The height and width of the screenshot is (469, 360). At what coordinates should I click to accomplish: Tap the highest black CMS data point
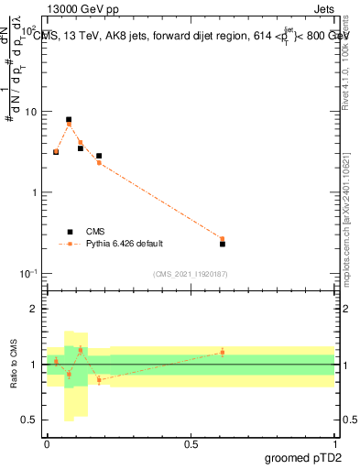pyautogui.click(x=69, y=120)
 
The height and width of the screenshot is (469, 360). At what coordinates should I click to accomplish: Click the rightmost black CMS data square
pyautogui.click(x=223, y=244)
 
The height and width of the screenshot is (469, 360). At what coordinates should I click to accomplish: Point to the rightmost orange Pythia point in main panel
pyautogui.click(x=223, y=239)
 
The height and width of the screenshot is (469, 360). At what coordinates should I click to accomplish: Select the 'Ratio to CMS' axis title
pyautogui.click(x=13, y=364)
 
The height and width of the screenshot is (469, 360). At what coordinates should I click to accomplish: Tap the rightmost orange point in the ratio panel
pyautogui.click(x=223, y=352)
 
